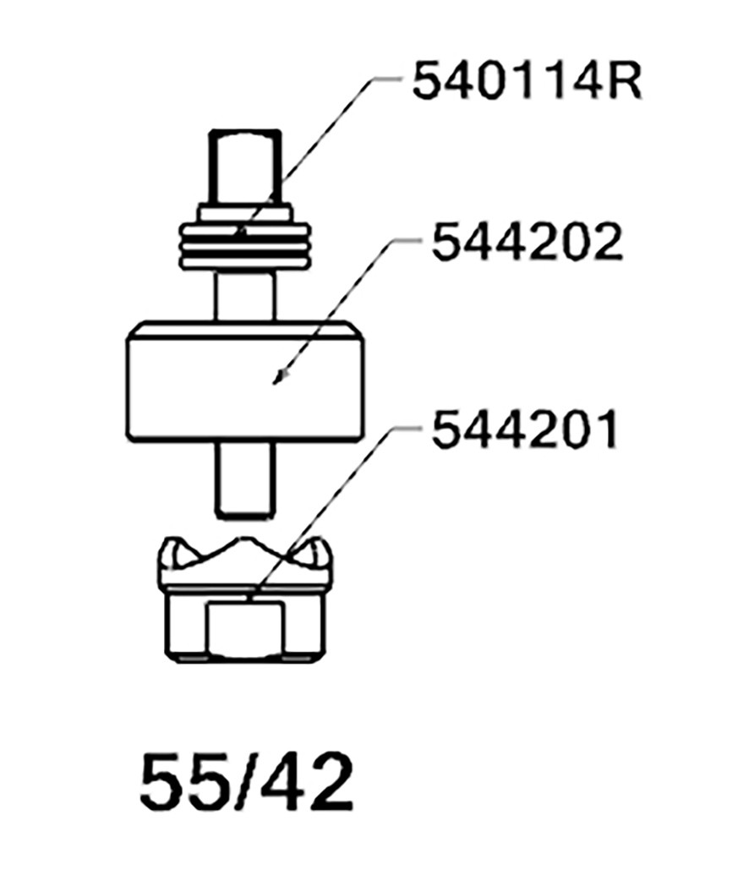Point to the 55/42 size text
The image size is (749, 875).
246,783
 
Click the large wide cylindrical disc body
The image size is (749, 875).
245,383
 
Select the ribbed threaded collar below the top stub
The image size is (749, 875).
244,245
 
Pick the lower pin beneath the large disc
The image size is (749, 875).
244,479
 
